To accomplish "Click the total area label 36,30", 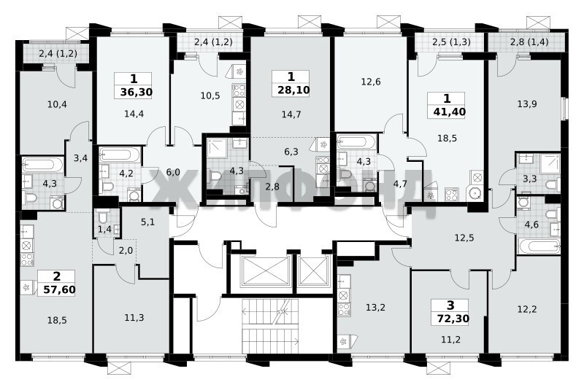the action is [137, 92].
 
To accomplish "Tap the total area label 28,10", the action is [293, 90].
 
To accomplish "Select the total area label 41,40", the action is [450, 112].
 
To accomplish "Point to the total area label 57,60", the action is [60, 289].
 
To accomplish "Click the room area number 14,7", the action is [291, 114].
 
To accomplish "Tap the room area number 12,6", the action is [371, 82].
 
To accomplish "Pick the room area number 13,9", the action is [527, 104].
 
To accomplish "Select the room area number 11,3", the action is [134, 318].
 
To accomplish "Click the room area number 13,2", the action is [375, 308].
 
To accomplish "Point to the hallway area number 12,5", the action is [464, 238].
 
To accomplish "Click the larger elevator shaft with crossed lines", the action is [266, 271].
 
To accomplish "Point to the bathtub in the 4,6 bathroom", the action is [539, 246].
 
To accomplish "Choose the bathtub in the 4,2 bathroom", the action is [120, 155].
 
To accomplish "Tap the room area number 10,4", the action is [57, 104].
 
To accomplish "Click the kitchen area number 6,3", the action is [291, 152].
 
